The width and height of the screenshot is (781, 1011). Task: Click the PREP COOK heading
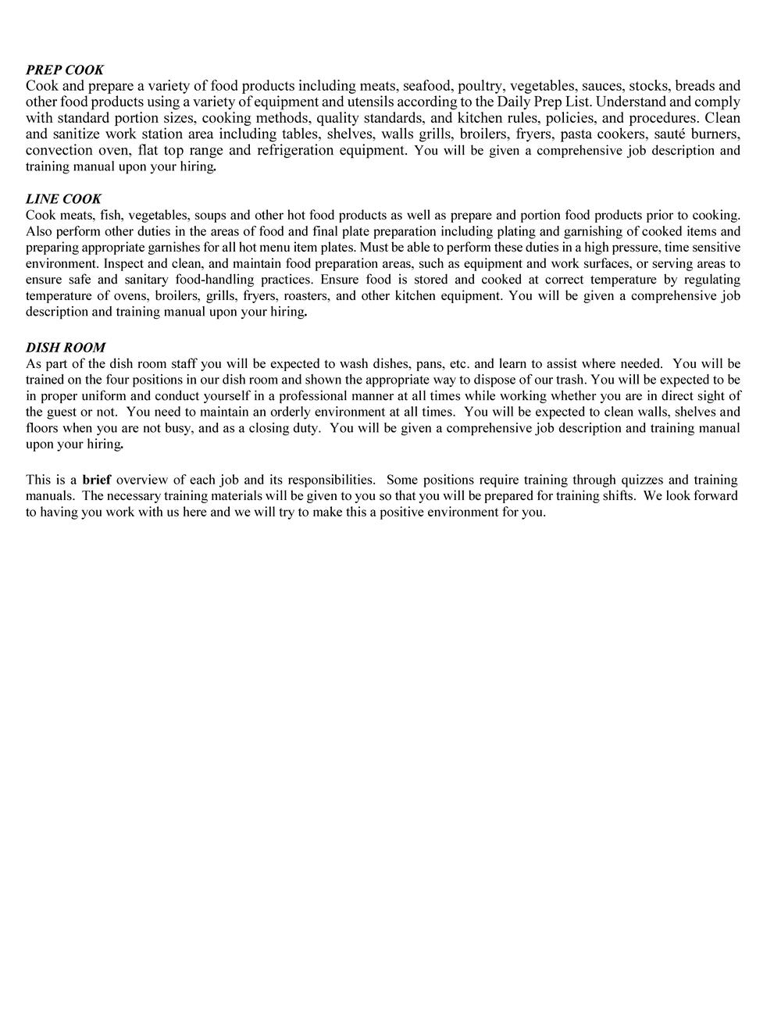tap(65, 70)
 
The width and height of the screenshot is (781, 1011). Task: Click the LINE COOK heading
tap(63, 198)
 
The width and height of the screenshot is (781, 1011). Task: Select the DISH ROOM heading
tap(66, 347)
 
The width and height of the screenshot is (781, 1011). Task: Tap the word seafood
tap(426, 86)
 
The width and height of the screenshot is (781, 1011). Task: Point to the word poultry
tap(480, 86)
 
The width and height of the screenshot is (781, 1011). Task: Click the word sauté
tap(669, 134)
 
